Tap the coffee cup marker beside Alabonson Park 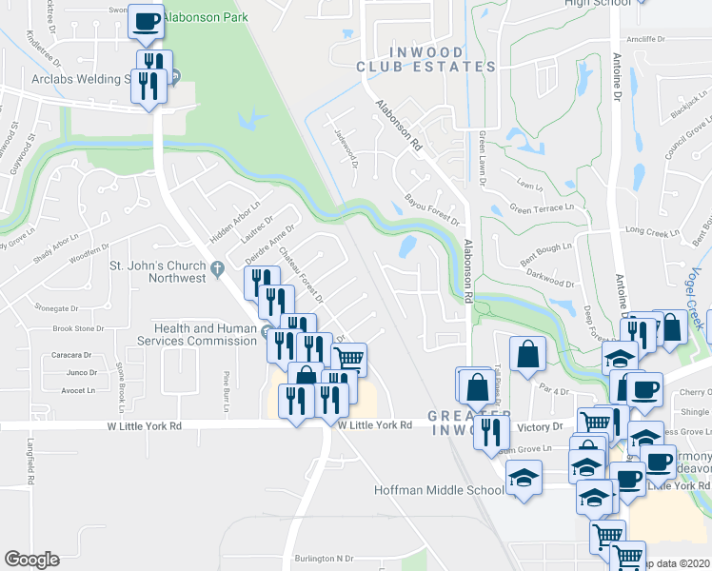coord(146,21)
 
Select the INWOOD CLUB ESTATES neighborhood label coord(425,59)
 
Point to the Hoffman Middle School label coord(439,490)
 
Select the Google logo coord(31,560)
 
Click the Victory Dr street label coord(544,427)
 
